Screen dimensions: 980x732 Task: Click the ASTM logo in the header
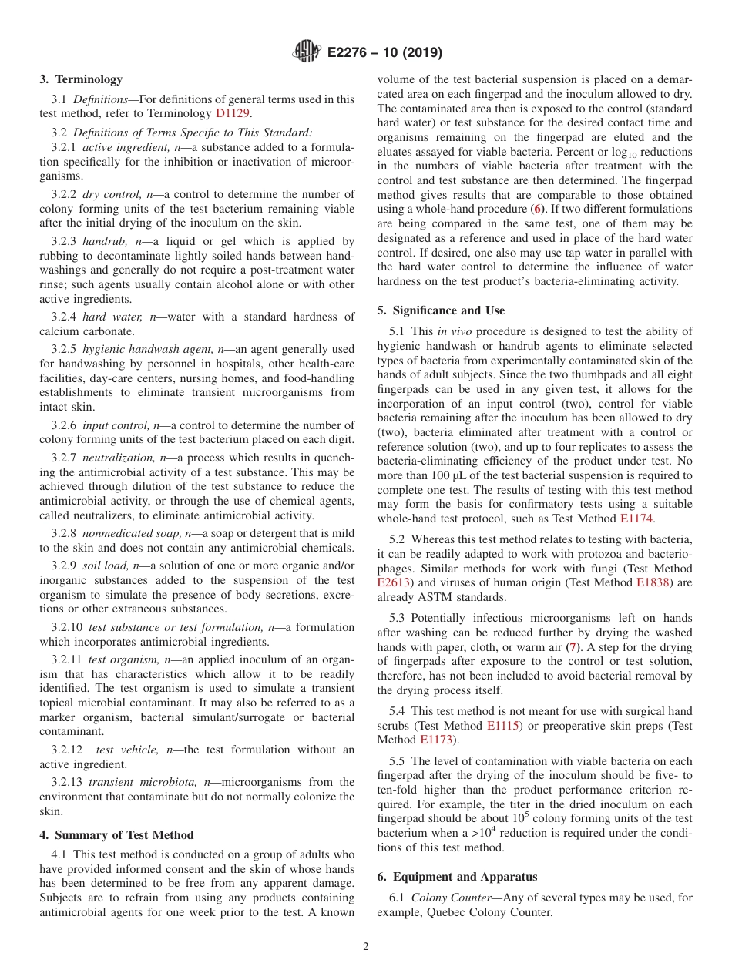pyautogui.click(x=307, y=52)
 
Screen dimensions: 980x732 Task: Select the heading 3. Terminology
pyautogui.click(x=81, y=79)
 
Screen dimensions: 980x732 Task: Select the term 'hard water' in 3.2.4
pyautogui.click(x=112, y=317)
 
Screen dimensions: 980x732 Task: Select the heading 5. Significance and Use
pyautogui.click(x=441, y=310)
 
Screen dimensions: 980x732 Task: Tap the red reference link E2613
pyautogui.click(x=394, y=583)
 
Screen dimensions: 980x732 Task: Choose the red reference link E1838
pyautogui.click(x=653, y=583)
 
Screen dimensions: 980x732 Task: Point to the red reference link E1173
pyautogui.click(x=436, y=740)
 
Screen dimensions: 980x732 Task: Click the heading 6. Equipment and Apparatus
pyautogui.click(x=457, y=877)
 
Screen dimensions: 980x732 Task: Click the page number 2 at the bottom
pyautogui.click(x=366, y=947)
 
